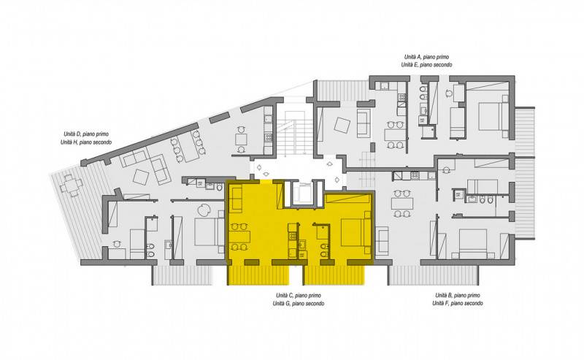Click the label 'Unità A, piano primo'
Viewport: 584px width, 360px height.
coord(426,57)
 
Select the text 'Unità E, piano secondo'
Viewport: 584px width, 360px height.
coord(426,65)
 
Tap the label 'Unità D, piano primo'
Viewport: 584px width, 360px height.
coord(86,134)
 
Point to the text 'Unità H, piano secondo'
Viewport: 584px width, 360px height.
coord(86,142)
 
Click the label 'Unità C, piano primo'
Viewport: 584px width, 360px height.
coord(299,296)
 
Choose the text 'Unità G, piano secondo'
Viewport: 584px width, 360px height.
coord(299,304)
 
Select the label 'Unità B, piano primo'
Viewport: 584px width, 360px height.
coord(458,296)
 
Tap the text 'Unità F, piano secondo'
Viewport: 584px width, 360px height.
coord(458,304)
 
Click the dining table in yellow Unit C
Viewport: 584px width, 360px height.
coord(239,237)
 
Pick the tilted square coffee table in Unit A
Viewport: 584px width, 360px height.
coord(342,125)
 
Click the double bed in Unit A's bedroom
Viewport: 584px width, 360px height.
coord(493,116)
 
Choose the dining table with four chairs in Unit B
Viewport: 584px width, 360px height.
coord(402,204)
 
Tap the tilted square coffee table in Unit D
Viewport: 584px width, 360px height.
coord(141,177)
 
